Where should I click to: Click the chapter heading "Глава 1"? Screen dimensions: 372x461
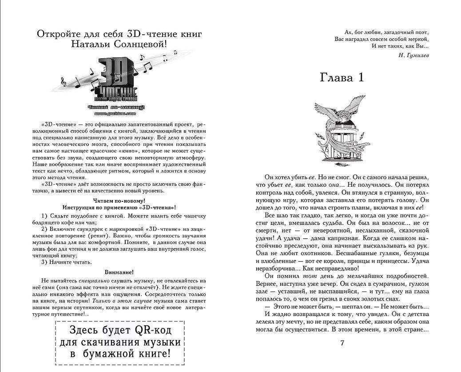(x=342, y=77)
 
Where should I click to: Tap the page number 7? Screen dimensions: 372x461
(x=342, y=343)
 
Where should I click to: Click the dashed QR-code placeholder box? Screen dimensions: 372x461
(x=119, y=342)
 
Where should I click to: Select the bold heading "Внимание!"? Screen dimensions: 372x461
(x=119, y=272)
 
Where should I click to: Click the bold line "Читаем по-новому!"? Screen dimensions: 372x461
(x=119, y=201)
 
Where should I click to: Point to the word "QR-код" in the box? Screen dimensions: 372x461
(x=152, y=331)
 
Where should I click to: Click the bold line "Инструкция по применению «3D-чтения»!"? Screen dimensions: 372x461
(x=119, y=208)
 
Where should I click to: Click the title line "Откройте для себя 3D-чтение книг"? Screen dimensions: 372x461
(x=119, y=34)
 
